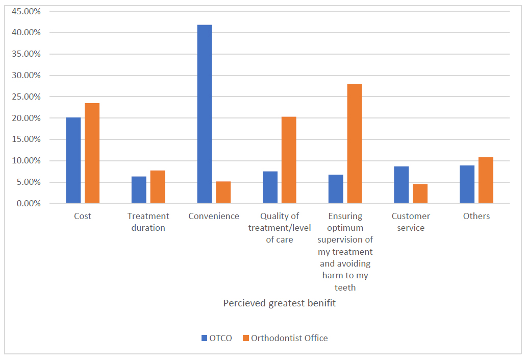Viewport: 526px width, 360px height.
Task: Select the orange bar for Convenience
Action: point(223,193)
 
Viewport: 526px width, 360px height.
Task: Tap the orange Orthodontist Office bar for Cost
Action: point(92,153)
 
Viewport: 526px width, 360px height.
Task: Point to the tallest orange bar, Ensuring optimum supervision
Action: point(355,143)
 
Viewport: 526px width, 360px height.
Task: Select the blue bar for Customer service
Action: point(402,185)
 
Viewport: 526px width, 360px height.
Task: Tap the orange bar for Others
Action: point(486,180)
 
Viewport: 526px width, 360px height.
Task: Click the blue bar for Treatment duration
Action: point(139,190)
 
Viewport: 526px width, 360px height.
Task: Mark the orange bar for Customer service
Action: point(420,194)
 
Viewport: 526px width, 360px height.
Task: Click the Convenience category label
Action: point(214,216)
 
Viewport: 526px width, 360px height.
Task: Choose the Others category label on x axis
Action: point(476,216)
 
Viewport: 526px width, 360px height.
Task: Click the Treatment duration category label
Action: point(148,222)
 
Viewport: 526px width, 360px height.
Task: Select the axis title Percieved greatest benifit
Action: point(280,303)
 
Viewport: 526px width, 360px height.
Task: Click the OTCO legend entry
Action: point(217,338)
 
